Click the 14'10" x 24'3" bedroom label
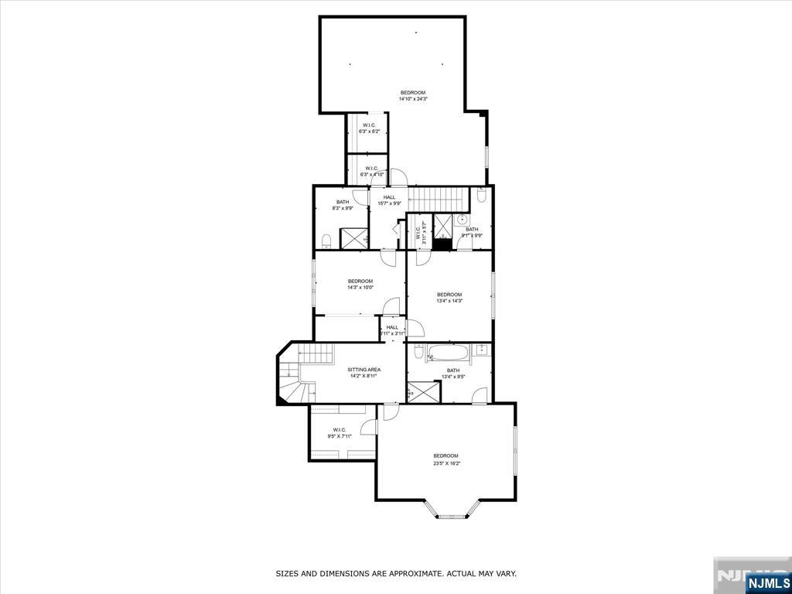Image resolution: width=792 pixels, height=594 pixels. (412, 96)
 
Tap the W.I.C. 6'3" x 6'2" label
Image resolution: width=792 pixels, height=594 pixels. (369, 128)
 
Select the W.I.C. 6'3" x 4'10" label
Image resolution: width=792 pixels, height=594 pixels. (370, 172)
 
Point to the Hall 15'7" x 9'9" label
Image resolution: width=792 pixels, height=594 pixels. (389, 200)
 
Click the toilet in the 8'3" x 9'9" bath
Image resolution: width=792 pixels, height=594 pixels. (326, 238)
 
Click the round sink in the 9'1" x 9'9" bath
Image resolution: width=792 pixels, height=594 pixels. (459, 220)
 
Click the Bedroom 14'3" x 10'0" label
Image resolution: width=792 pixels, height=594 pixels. (360, 284)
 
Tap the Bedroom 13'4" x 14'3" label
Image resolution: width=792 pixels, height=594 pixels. (449, 298)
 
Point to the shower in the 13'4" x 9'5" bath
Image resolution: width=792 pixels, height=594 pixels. (423, 391)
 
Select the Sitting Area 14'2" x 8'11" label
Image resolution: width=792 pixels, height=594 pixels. (363, 374)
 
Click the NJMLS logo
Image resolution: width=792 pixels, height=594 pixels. (767, 582)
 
